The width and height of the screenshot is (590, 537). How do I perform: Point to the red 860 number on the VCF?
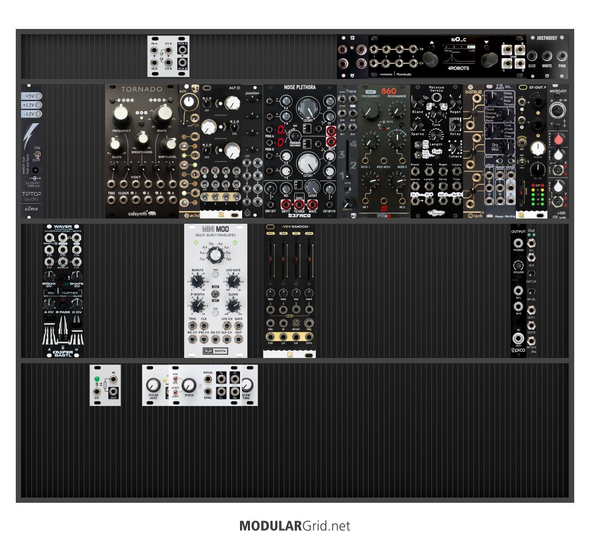coord(388,91)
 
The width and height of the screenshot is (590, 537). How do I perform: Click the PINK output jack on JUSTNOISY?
coord(562,55)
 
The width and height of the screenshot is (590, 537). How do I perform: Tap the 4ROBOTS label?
coord(458,68)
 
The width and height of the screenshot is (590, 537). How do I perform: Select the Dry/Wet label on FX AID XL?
coord(495,147)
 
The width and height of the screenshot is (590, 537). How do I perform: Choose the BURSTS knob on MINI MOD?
coord(197,281)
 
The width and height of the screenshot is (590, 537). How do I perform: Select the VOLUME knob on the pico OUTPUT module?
coord(519,265)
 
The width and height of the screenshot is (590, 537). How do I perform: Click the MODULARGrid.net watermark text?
coord(295,525)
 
